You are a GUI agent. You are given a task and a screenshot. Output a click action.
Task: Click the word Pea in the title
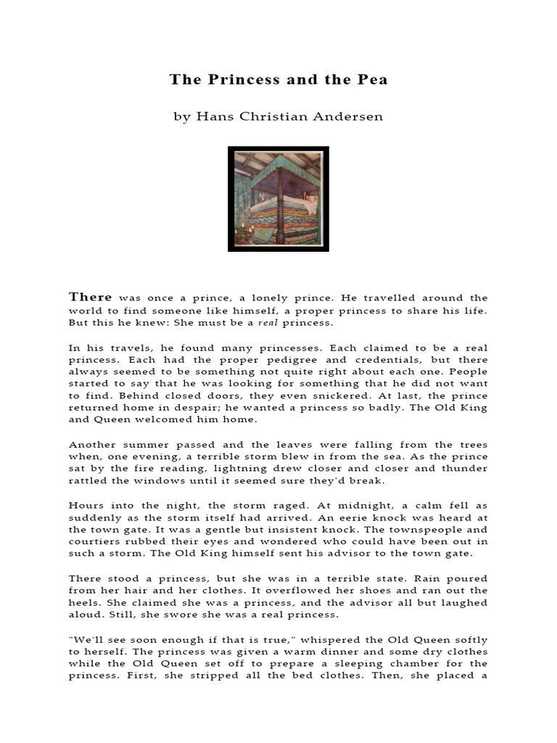click(x=372, y=80)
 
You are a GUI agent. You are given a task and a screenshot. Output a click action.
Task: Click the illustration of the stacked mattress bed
click(x=278, y=199)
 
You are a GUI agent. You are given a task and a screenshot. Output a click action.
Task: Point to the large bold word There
click(x=91, y=297)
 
